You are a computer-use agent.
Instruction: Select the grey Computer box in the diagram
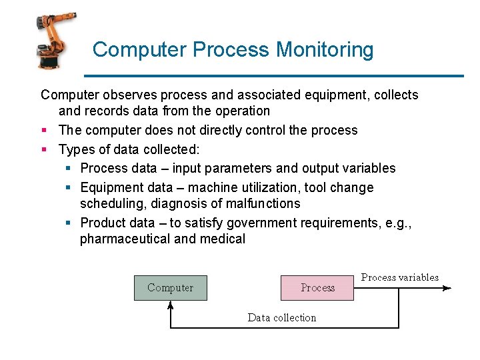pyautogui.click(x=170, y=288)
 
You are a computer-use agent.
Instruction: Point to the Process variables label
pyautogui.click(x=400, y=277)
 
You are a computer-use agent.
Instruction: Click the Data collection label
pyautogui.click(x=282, y=317)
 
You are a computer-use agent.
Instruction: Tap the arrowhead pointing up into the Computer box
pyautogui.click(x=171, y=305)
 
